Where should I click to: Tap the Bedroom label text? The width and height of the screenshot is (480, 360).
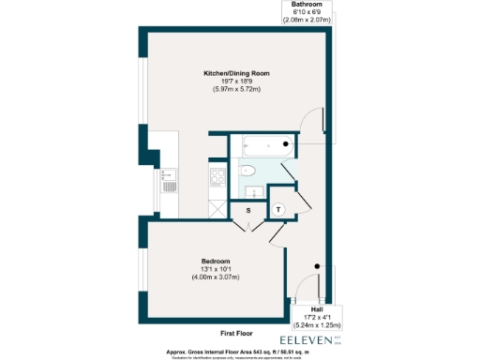(215, 260)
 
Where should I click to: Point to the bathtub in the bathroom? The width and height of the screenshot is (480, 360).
(263, 146)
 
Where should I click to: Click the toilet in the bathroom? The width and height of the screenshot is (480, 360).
(247, 170)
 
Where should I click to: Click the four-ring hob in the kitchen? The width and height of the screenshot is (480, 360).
(218, 176)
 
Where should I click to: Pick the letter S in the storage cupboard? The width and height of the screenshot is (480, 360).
(248, 211)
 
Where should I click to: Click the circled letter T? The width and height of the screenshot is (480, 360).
(279, 209)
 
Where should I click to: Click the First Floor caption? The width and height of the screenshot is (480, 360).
(239, 333)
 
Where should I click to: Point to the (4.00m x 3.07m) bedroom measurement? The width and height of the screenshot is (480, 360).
(215, 277)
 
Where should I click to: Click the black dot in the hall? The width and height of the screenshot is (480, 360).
(318, 267)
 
